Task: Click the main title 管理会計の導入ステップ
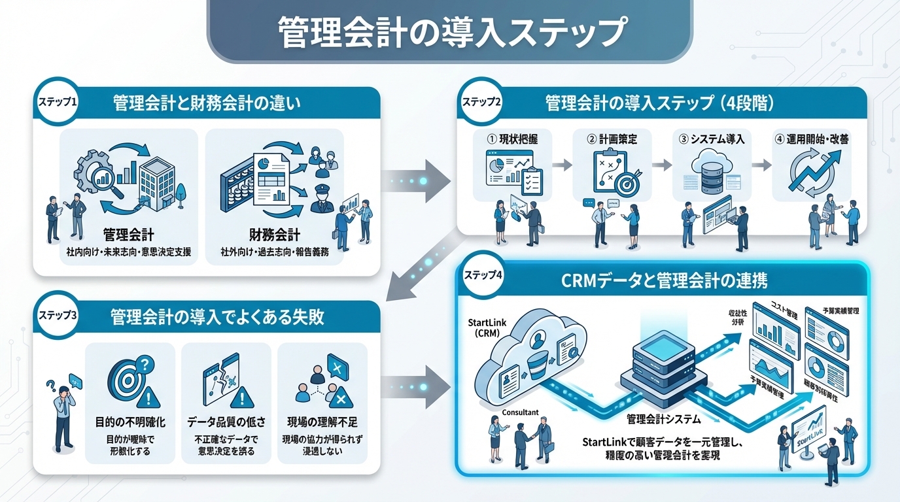click(x=449, y=31)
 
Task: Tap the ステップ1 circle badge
click(x=57, y=103)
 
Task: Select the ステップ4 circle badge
click(x=482, y=276)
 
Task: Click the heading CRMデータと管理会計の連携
click(x=665, y=281)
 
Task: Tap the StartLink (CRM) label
click(x=488, y=329)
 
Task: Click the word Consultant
click(x=520, y=412)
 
